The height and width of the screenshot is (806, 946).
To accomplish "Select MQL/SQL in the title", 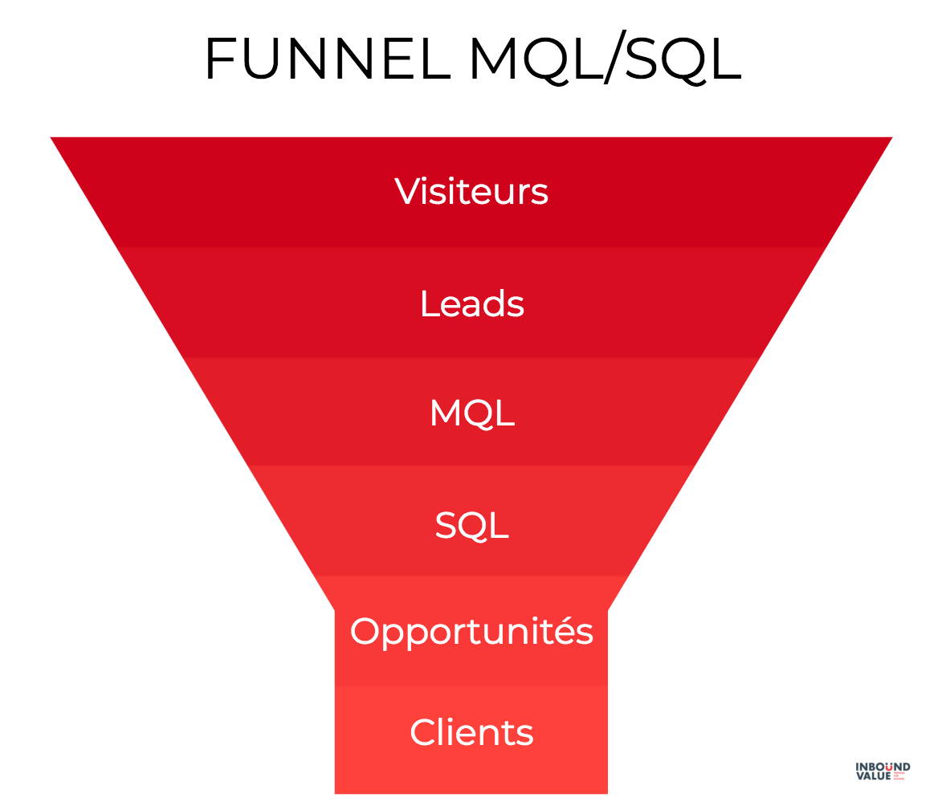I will pos(605,58).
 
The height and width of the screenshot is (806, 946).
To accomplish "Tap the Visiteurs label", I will pos(471,192).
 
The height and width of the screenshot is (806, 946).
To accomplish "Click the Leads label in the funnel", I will pos(471,303).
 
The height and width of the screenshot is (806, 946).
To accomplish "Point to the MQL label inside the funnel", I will pos(471,413).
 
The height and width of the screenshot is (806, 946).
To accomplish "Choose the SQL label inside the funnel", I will pos(471,525).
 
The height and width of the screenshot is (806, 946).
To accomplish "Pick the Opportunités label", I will pos(471,632).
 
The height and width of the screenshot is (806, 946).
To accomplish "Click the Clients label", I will pos(471,732).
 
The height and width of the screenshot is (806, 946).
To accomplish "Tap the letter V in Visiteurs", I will pos(408,191).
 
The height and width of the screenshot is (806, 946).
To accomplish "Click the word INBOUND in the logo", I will pos(883,767).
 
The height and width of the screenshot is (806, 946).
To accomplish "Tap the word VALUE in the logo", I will pos(871,777).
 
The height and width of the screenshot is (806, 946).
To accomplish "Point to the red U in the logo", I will pos(888,767).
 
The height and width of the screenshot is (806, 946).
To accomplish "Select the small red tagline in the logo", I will pos(898,777).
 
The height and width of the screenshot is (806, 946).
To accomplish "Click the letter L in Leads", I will pos(428,303).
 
